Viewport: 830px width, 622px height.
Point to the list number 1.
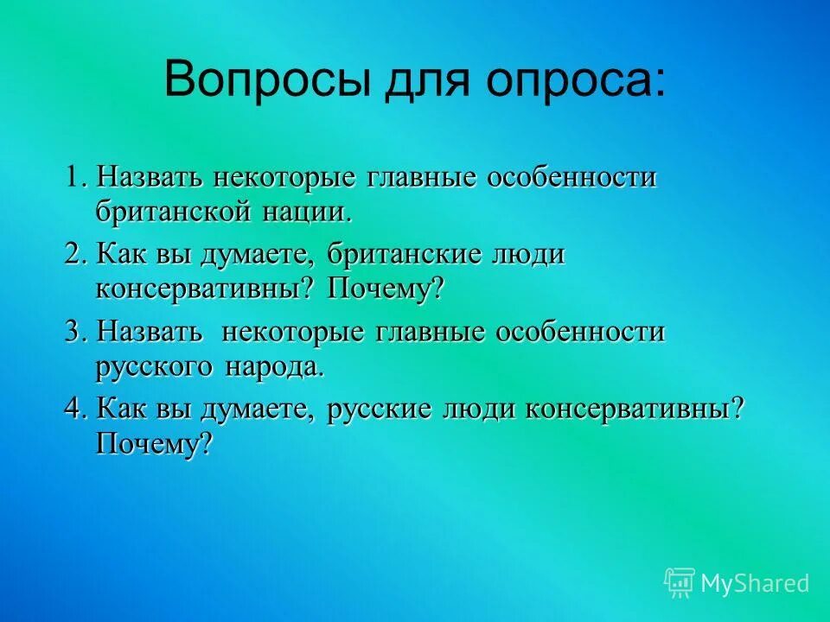coord(73,177)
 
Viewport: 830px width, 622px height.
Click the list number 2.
coord(74,254)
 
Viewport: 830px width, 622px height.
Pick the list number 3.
coord(74,331)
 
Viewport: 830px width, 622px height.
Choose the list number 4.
coord(74,408)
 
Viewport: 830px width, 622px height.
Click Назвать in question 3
coord(150,331)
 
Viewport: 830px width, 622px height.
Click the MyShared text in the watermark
coord(755,583)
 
